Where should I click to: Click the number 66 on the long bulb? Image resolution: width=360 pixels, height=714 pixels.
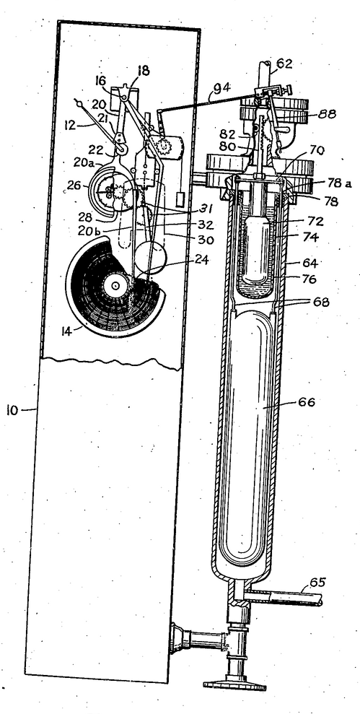[306, 402]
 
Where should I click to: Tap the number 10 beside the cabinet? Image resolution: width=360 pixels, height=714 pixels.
[13, 410]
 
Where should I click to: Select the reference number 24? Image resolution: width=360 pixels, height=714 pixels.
[202, 260]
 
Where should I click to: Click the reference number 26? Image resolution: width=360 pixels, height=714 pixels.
[74, 186]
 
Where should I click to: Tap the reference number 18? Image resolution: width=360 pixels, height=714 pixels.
[143, 71]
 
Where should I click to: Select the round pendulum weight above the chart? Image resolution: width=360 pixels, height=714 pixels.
[150, 257]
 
